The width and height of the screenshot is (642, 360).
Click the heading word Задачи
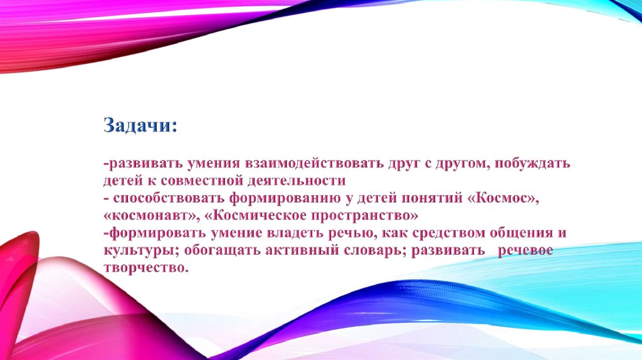pos(140,125)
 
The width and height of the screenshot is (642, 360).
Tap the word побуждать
pos(532,164)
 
